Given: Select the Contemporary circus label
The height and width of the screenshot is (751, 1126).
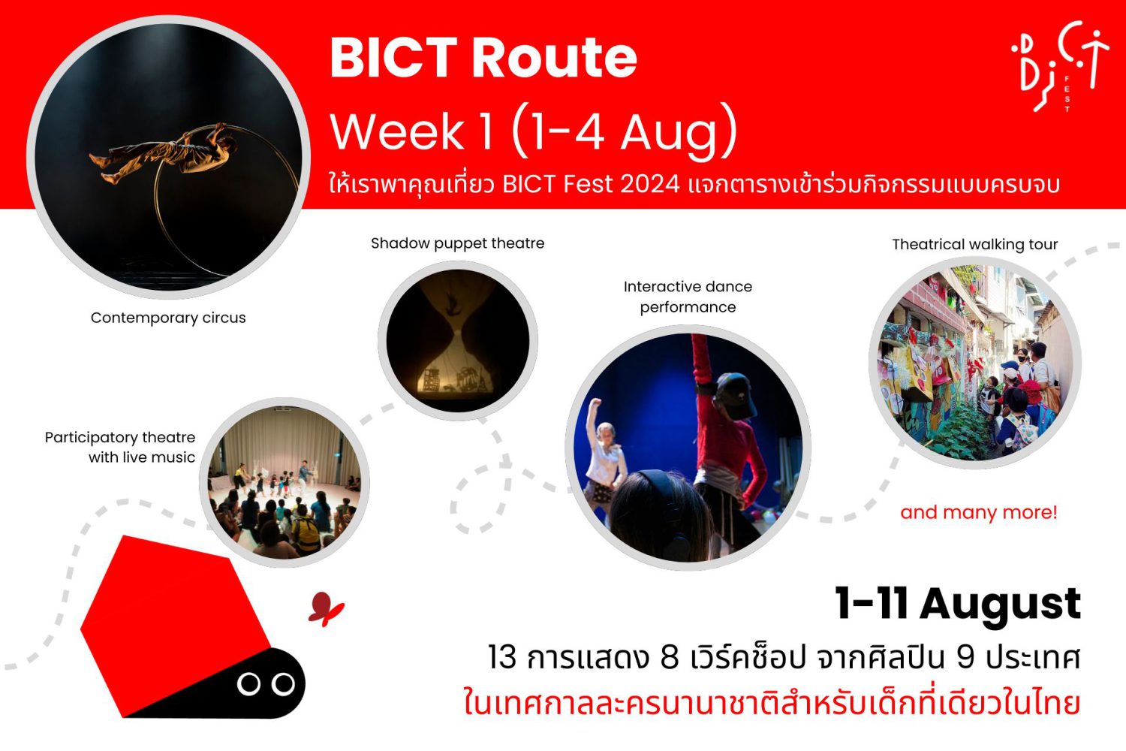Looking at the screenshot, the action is (168, 318).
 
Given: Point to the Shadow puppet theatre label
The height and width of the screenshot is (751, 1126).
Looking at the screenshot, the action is (457, 243).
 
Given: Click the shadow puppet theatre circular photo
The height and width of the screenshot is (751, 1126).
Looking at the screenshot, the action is (457, 340).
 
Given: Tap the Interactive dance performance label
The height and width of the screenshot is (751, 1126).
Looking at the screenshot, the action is (688, 297).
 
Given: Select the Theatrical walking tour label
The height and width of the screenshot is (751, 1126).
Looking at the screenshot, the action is (974, 245).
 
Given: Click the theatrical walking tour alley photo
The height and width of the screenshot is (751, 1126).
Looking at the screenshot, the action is (974, 363).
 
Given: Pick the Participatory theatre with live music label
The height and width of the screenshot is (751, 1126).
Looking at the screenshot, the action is (119, 447).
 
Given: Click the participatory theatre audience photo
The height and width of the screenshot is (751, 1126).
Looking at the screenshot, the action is (284, 483).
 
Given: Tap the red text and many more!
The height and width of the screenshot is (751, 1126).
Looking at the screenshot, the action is (979, 513).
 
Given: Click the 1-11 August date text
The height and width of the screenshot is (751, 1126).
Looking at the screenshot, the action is (958, 604).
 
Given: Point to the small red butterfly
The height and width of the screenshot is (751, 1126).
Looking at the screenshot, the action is (326, 608).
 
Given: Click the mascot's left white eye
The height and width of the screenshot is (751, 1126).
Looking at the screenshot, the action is (248, 684).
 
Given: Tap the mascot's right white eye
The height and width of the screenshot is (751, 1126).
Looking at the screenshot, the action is (283, 684).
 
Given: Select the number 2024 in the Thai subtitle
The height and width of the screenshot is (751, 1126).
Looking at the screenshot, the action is (650, 185).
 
